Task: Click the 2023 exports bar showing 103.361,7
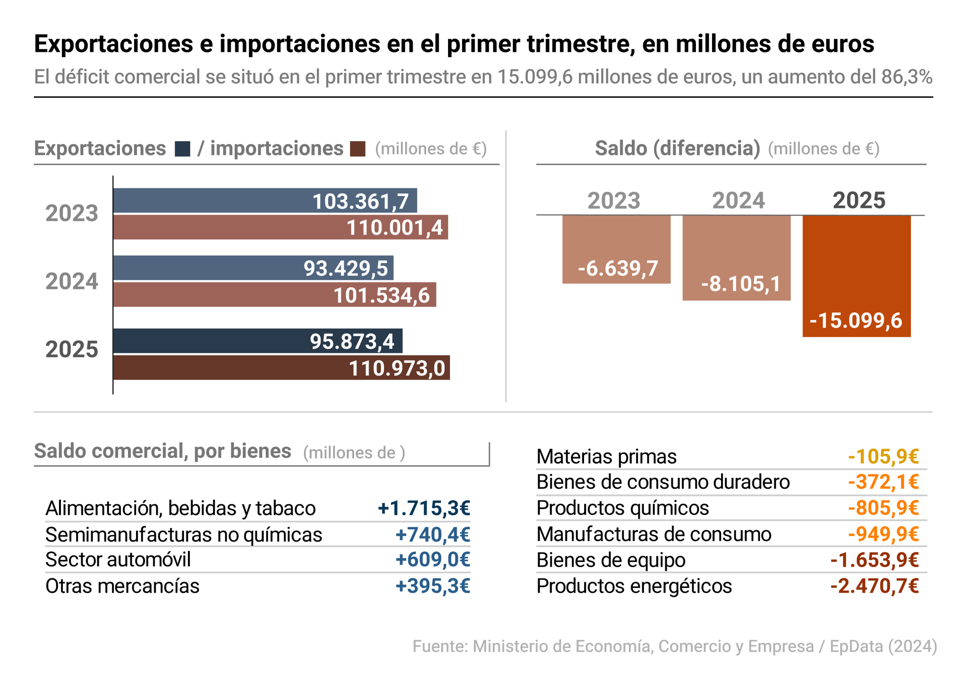coord(265,201)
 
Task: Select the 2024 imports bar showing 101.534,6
coord(274,295)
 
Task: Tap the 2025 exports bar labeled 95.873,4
coord(258,341)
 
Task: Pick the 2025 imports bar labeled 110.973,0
coord(281,368)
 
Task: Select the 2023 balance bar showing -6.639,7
coord(616,249)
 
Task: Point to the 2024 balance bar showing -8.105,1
coord(736,258)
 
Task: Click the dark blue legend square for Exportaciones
coord(182,149)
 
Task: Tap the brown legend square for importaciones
coord(357,149)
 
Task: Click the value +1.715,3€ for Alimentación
coord(424,509)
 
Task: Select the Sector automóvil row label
coord(118,560)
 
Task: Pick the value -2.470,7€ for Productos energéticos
coord(874,586)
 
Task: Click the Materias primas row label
coord(606,457)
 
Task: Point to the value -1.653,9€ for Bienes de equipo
coord(874,560)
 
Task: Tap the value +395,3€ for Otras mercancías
coord(433,586)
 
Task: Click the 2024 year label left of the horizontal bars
coord(72,282)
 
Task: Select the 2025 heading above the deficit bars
coord(858,200)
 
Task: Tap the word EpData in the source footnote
coord(856,646)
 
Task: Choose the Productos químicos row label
coord(622,509)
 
